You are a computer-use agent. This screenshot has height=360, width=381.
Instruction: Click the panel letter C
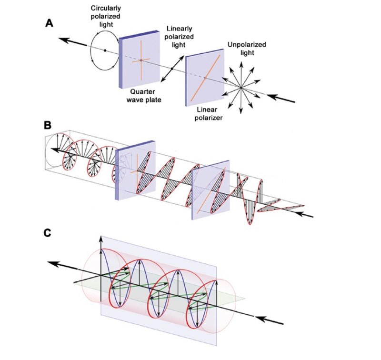pyautogui.click(x=48, y=233)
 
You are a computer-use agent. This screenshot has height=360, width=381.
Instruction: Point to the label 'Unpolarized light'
pyautogui.click(x=247, y=49)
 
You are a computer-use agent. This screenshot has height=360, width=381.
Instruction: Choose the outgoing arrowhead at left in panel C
pyautogui.click(x=52, y=263)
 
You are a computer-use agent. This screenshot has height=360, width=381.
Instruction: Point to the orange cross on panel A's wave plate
pyautogui.click(x=141, y=60)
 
